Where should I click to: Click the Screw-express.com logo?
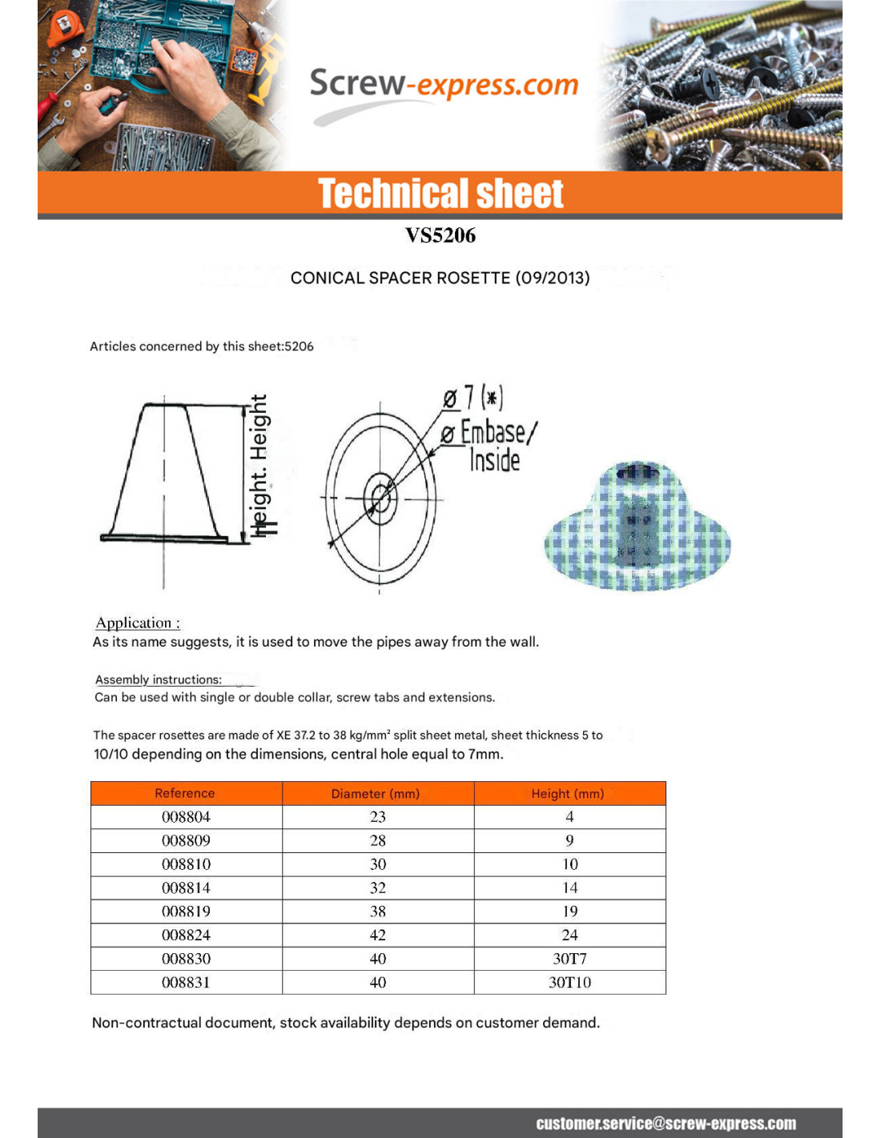coord(444,85)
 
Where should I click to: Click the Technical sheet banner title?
coord(440,194)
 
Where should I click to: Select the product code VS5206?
coord(440,235)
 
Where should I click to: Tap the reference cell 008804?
coord(186,817)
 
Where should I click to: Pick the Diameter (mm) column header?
coord(375,794)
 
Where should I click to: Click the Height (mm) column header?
coord(568,794)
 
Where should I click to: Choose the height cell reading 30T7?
coord(569,959)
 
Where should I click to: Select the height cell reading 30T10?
coord(569,983)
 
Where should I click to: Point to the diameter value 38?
coord(378,912)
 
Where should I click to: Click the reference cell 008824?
coord(186,936)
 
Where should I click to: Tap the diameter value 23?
coord(378,817)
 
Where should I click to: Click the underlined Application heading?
coord(138,623)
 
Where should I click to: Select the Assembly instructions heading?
coord(159,679)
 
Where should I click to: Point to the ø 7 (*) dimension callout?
coord(473,398)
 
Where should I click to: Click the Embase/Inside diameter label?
coord(490,446)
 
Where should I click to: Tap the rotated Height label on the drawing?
coord(259,464)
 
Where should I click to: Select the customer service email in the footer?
coord(666,1124)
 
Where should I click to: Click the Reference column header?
coord(185,793)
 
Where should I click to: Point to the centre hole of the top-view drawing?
coord(380,499)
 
